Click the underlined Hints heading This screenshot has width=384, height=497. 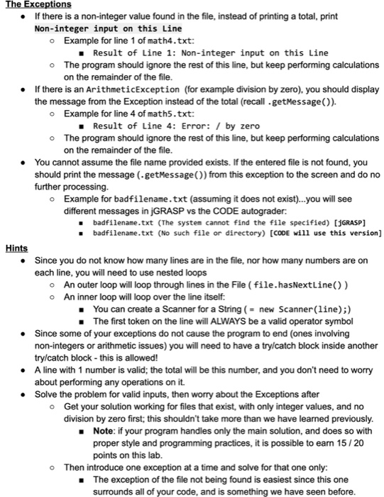point(16,248)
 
